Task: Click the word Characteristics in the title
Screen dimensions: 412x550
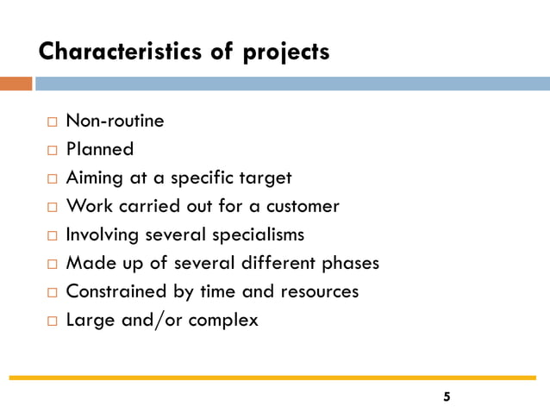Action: (122, 52)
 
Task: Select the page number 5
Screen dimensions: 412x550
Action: (446, 397)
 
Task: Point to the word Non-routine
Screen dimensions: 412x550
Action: (115, 121)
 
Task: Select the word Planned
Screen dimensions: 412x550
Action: (100, 149)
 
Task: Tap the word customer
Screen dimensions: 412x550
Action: (303, 206)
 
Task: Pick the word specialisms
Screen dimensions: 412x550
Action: (261, 234)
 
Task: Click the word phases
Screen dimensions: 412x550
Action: (350, 263)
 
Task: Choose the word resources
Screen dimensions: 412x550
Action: (318, 291)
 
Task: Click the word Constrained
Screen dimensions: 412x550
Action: (117, 291)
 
